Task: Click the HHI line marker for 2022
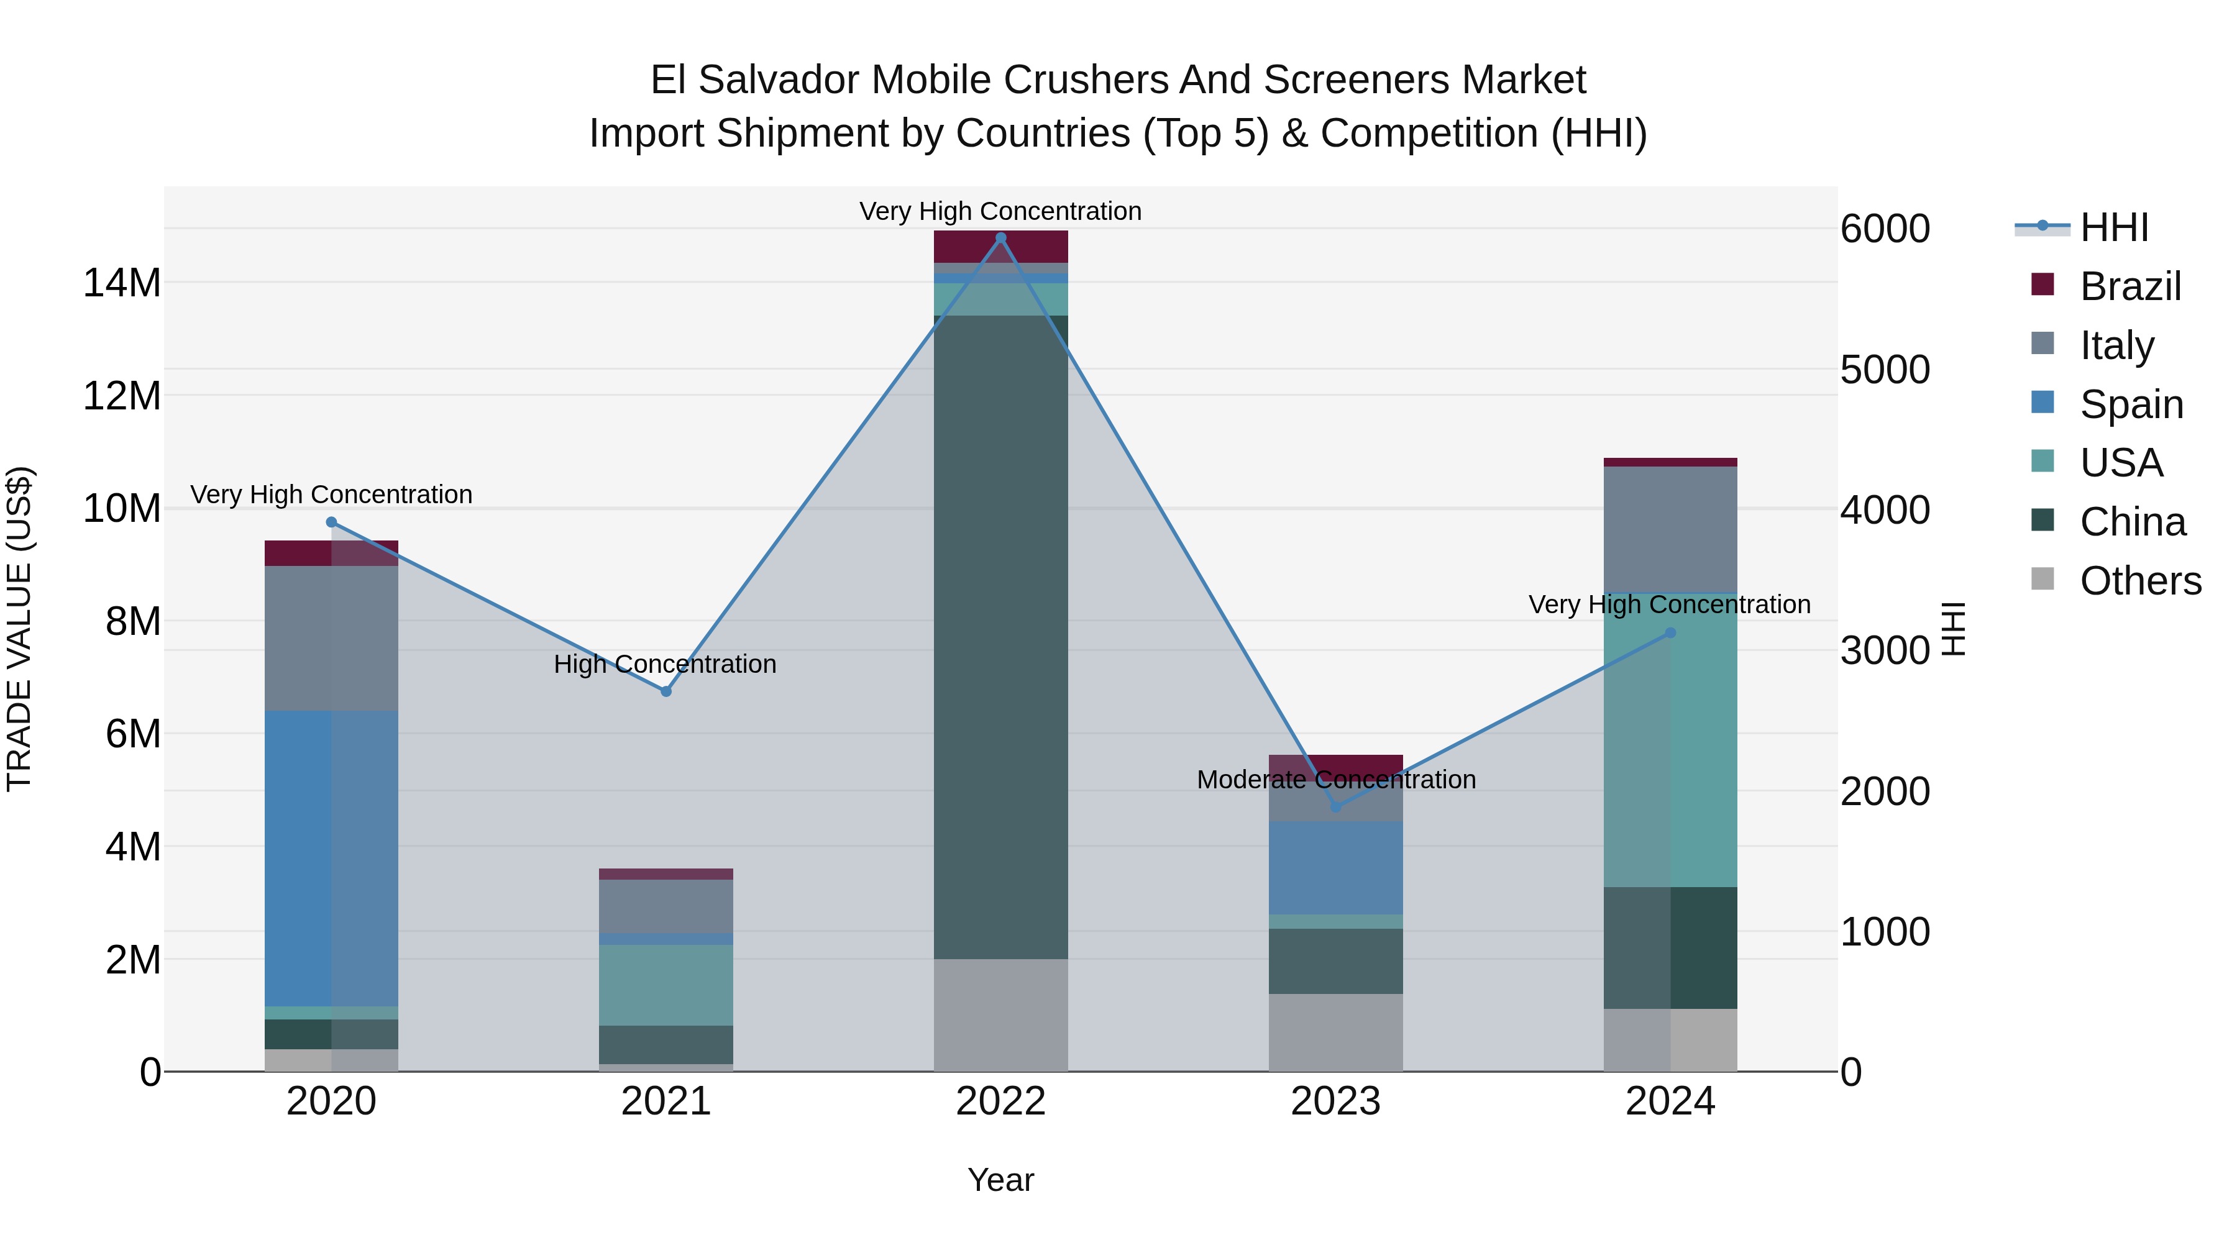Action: tap(1000, 238)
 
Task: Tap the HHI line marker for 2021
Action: tap(666, 691)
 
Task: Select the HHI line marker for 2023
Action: tap(1335, 806)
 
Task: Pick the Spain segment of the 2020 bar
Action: tap(331, 858)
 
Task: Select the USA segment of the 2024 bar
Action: tap(1670, 740)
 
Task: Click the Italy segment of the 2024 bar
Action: tap(1670, 529)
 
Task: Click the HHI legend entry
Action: tap(2114, 227)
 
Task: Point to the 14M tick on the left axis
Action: tap(122, 284)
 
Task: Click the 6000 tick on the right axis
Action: tap(1885, 229)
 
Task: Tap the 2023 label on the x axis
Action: tap(1335, 1101)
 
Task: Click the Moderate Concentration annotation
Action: tap(1335, 780)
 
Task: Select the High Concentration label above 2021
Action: tap(665, 664)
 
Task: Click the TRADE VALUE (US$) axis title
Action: tap(19, 629)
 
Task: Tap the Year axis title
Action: tap(1000, 1180)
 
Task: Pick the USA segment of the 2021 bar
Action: tap(666, 985)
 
